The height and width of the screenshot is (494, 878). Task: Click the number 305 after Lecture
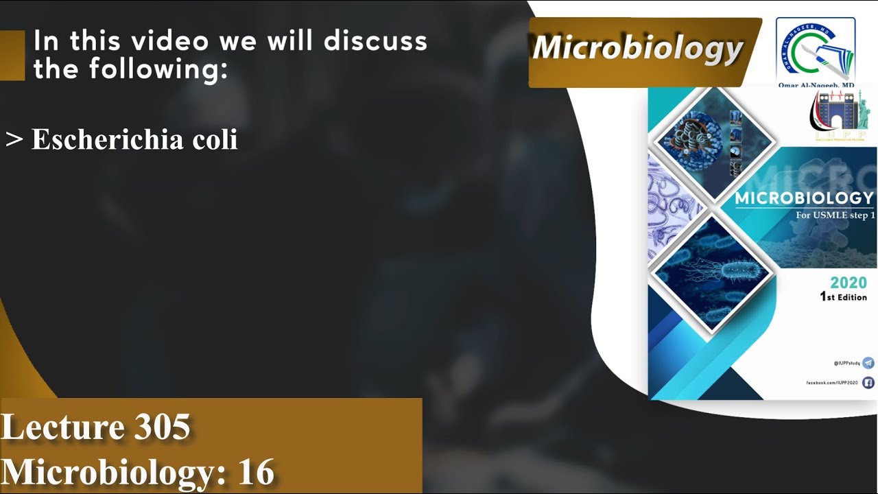162,427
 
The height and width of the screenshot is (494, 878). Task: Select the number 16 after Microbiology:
257,472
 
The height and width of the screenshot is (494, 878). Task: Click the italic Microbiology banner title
638,48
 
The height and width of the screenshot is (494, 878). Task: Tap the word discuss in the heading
375,42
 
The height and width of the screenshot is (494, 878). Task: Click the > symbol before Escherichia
14,139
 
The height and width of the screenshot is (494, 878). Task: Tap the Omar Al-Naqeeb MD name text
816,85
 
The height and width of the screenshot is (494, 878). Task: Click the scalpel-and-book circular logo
816,48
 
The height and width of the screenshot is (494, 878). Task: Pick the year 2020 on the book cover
848,283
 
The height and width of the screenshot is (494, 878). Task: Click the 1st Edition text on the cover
843,297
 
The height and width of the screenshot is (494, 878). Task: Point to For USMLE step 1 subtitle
835,215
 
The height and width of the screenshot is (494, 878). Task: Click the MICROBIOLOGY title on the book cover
804,199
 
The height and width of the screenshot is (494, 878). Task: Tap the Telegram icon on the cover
868,363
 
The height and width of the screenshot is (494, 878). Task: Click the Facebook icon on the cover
868,383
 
